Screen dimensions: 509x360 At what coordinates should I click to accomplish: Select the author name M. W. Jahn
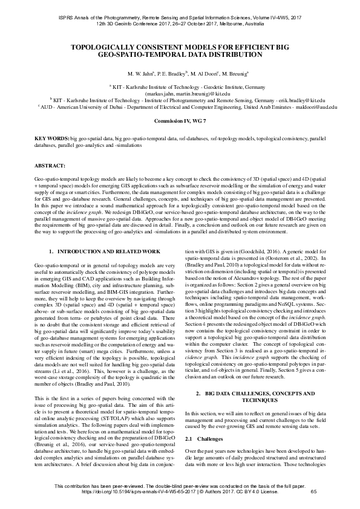pyautogui.click(x=141, y=74)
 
